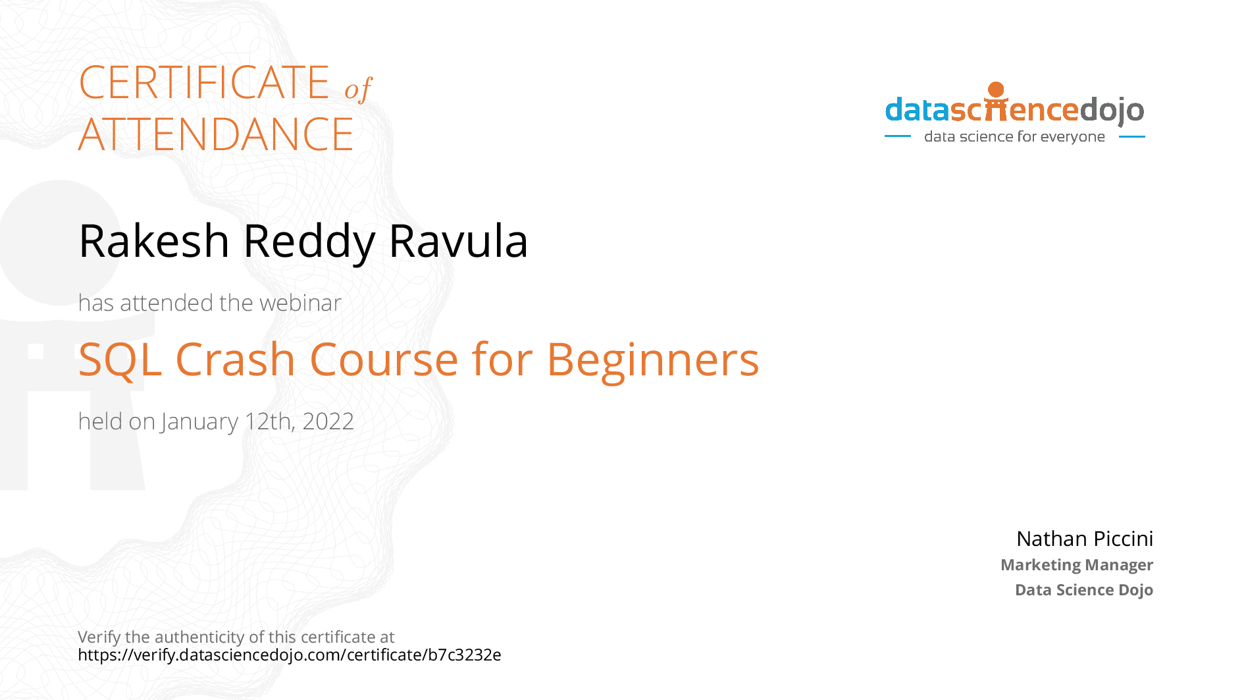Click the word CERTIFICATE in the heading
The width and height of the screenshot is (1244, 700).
(x=204, y=83)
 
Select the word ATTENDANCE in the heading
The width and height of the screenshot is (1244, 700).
(x=216, y=134)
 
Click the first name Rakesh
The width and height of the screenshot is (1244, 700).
(x=154, y=240)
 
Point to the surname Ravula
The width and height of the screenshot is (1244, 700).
(x=458, y=240)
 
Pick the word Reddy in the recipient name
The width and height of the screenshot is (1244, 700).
(x=309, y=242)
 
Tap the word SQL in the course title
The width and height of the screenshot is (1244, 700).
(x=120, y=360)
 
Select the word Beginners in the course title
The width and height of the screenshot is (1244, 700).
(x=653, y=362)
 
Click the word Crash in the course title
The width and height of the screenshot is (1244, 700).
(x=235, y=360)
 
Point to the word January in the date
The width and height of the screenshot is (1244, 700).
(x=199, y=422)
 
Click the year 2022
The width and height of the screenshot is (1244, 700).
(x=328, y=421)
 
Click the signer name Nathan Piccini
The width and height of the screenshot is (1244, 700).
(x=1085, y=539)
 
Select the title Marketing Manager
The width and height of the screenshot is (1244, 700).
(x=1077, y=565)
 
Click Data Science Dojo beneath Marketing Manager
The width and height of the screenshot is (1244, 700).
(x=1084, y=589)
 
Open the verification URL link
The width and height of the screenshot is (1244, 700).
(x=290, y=655)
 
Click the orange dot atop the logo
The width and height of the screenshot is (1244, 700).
(x=997, y=90)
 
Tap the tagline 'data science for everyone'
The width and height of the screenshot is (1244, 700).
(x=1014, y=137)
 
